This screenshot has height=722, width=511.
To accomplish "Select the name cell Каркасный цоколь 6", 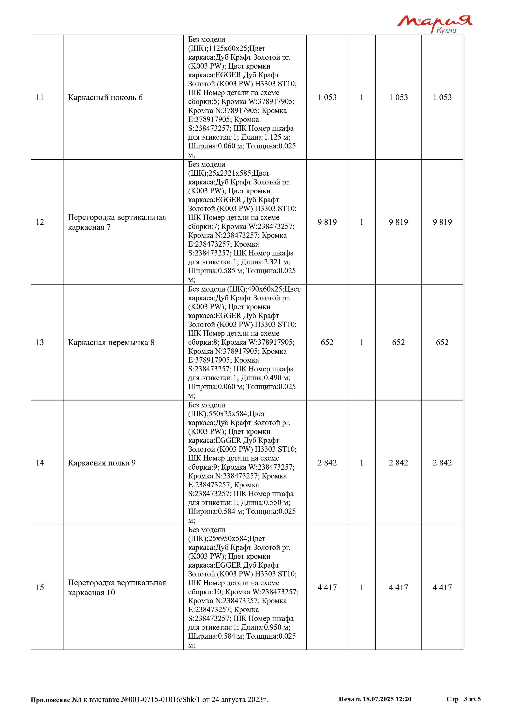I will [x=105, y=98].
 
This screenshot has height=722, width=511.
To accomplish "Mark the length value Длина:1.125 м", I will [x=265, y=137].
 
